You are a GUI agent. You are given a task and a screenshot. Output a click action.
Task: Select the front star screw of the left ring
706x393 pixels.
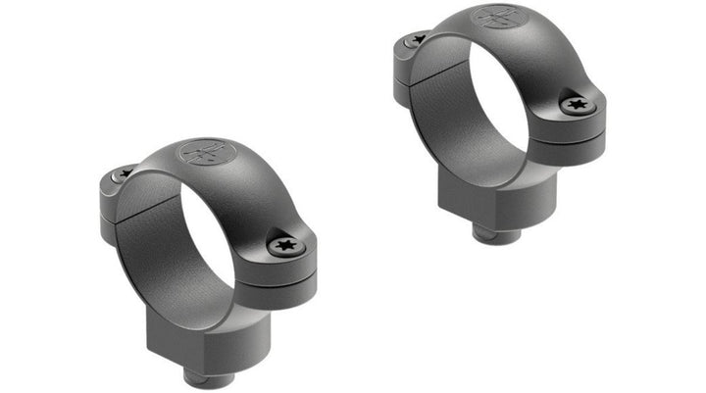click(286, 244)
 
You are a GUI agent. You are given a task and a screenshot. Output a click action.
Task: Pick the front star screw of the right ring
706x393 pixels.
click(576, 103)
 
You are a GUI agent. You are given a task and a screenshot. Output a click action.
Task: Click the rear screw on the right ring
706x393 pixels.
click(418, 39)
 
